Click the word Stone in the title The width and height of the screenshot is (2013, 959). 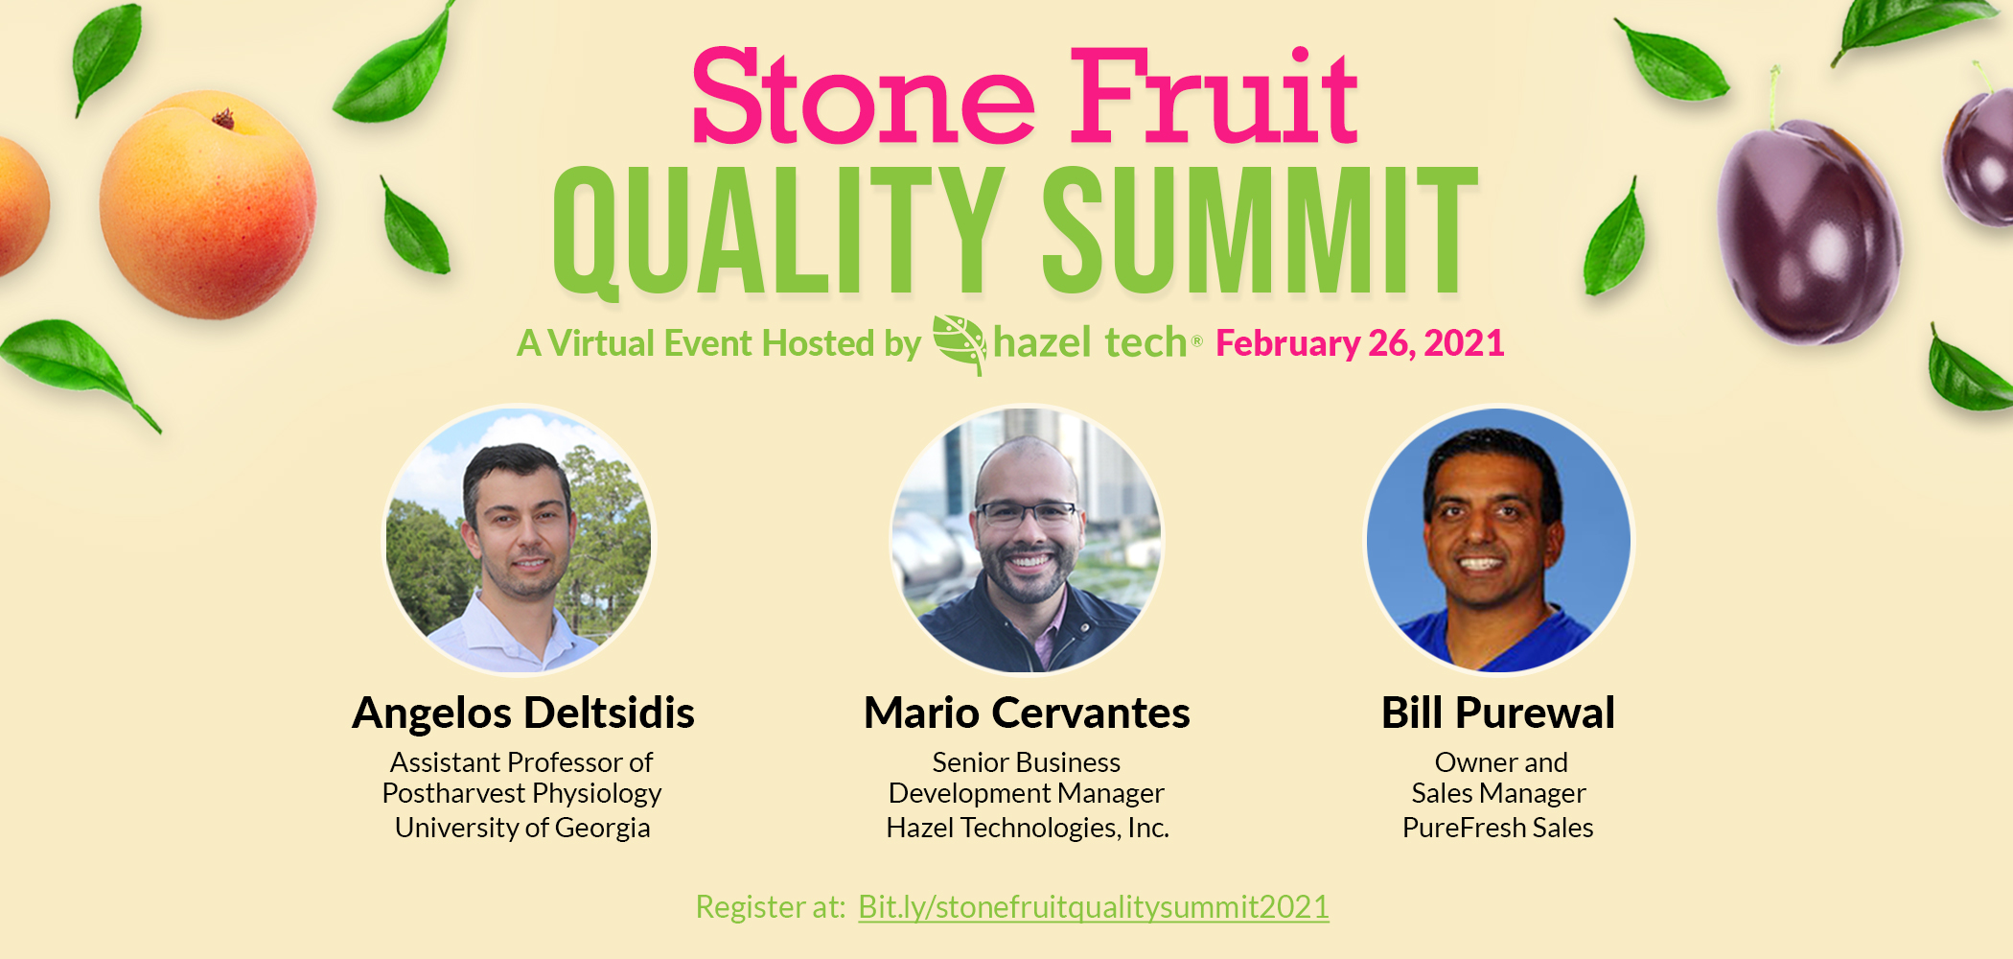[864, 96]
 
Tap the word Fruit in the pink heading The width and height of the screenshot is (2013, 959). [1214, 96]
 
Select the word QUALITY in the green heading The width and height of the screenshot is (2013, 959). [777, 230]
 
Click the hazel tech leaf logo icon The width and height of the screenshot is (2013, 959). [960, 344]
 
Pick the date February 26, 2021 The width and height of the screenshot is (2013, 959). [1360, 343]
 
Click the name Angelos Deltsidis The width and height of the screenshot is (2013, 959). [523, 713]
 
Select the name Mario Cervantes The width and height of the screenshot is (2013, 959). [1027, 713]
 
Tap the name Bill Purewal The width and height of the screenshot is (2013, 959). [1498, 713]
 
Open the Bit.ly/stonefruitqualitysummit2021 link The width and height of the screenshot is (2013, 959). [1094, 907]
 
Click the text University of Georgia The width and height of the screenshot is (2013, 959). [522, 828]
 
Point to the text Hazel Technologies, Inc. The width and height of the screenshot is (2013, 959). [1028, 828]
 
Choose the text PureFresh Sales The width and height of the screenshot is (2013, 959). [1498, 828]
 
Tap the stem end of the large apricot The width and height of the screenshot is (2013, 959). [223, 119]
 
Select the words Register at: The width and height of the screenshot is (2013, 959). [771, 907]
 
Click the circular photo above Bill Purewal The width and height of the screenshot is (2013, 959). [1498, 540]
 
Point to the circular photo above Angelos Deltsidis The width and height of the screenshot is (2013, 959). [519, 540]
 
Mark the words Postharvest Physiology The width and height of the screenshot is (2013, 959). [521, 794]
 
